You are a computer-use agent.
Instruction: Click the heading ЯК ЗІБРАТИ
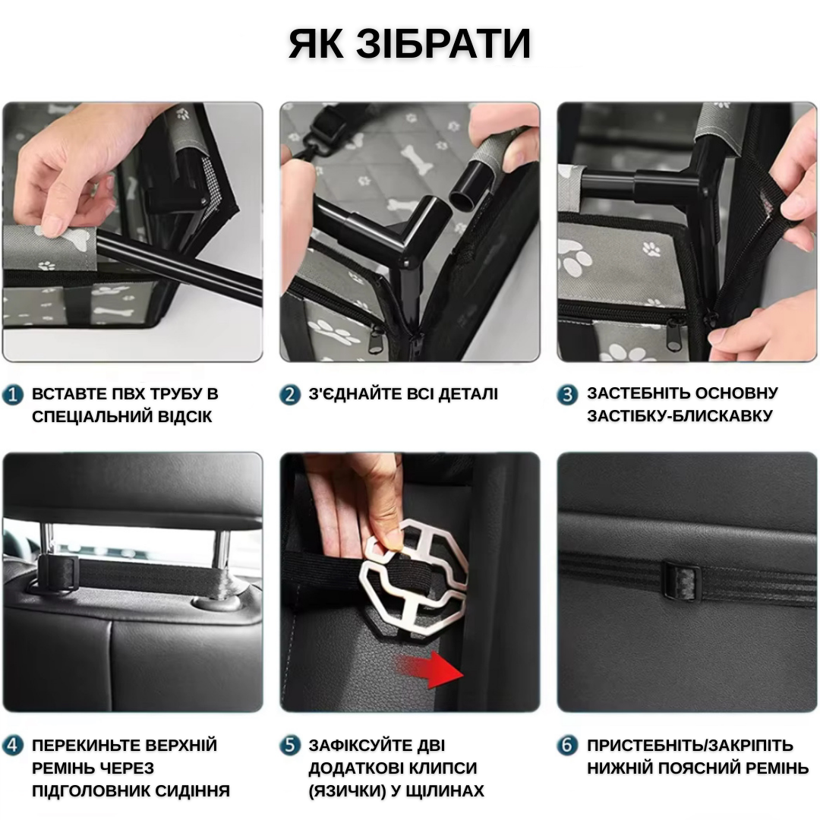(x=409, y=43)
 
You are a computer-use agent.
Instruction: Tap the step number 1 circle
(x=13, y=395)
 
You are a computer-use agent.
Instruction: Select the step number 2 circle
(x=290, y=395)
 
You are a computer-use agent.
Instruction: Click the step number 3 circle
(x=567, y=395)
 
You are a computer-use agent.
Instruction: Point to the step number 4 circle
(x=13, y=746)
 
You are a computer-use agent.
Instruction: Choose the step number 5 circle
(x=290, y=746)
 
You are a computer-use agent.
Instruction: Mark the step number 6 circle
(x=567, y=746)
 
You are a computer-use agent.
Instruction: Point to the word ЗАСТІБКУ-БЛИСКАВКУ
(x=679, y=416)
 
